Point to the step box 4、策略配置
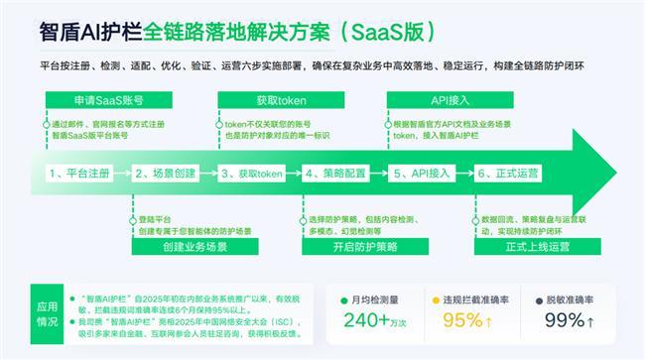(x=340, y=173)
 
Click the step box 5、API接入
(x=426, y=173)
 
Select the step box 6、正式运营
(x=512, y=173)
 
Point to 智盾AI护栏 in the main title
(x=90, y=31)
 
